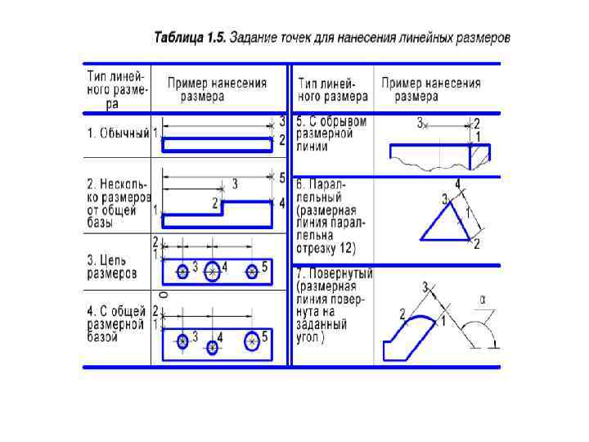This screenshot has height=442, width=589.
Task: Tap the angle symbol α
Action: click(x=483, y=300)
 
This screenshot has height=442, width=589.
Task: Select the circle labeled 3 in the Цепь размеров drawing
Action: click(x=182, y=271)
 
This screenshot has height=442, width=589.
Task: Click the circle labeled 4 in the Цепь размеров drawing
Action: click(x=213, y=271)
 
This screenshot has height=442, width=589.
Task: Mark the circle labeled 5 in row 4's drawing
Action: click(x=253, y=340)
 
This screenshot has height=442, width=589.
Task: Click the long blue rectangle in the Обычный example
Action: click(x=217, y=144)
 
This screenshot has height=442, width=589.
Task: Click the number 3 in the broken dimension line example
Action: click(x=420, y=124)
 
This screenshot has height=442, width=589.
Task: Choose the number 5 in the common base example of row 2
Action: click(x=281, y=178)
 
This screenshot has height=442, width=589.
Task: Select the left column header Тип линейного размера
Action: click(x=116, y=90)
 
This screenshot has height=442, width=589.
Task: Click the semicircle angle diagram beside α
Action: click(x=480, y=336)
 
